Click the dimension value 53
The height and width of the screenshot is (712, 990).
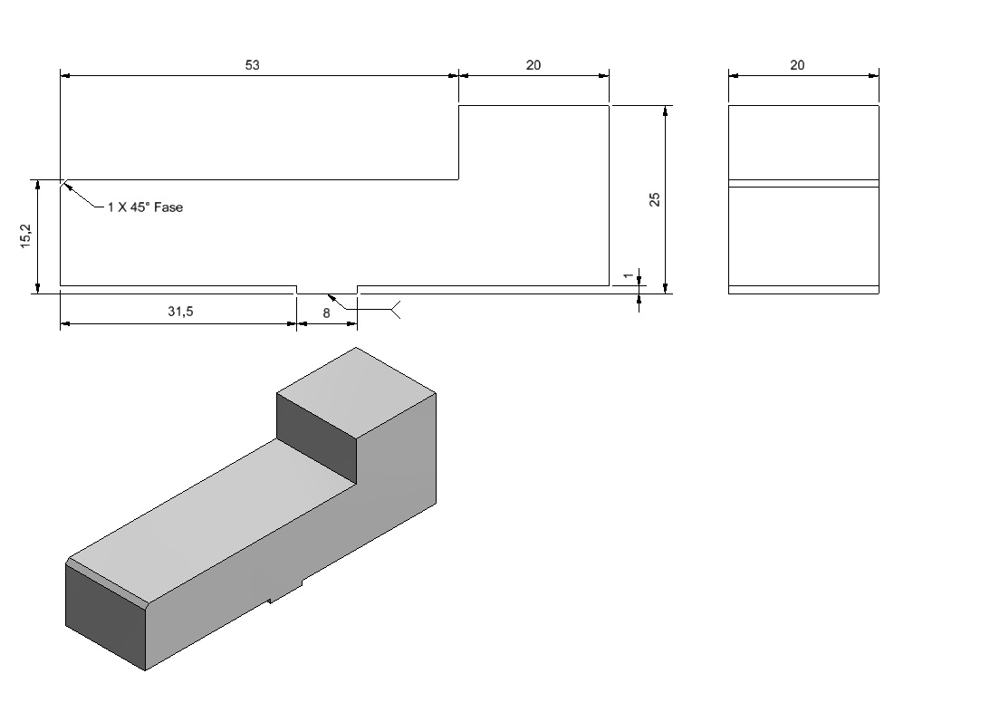[252, 65]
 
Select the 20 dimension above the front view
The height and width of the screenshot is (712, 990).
[533, 65]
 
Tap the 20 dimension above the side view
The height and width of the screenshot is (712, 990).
[797, 65]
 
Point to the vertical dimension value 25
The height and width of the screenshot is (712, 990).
[655, 199]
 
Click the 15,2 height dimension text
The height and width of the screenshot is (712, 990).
[26, 236]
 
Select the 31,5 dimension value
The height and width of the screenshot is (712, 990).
[180, 312]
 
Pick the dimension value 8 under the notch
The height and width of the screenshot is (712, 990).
[326, 313]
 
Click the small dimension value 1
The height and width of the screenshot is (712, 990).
[629, 276]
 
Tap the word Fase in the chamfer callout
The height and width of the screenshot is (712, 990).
[168, 207]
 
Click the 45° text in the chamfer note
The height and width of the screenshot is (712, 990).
[139, 207]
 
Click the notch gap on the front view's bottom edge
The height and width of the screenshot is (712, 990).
[327, 290]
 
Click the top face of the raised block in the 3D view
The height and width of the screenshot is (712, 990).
[356, 392]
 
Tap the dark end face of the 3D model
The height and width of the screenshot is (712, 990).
[105, 617]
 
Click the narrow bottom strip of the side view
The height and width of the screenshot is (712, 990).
[803, 290]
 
